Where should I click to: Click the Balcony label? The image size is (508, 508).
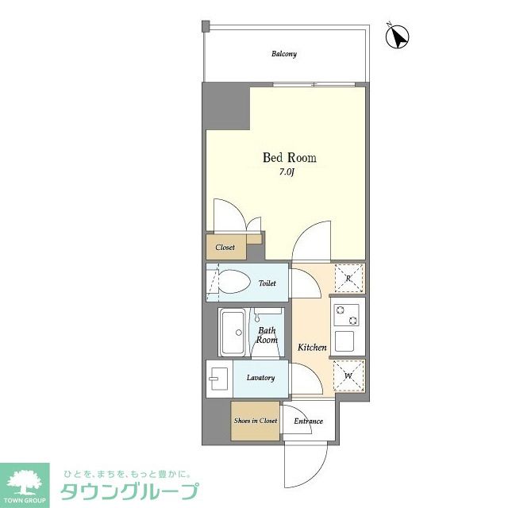284,54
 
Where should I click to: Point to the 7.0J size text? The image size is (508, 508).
287,171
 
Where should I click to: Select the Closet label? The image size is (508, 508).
225,248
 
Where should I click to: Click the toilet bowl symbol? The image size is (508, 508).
233,282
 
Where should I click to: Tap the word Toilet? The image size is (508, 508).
267,282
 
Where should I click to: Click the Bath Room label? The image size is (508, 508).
267,334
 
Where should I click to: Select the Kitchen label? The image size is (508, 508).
312,348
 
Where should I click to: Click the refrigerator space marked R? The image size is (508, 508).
348,278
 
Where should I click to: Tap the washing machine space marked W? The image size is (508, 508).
348,375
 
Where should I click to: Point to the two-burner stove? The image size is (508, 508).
348,314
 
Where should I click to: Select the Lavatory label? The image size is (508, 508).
260,378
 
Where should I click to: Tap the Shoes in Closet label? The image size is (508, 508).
256,421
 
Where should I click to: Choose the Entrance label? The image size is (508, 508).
308,421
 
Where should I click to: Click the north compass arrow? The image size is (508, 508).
397,36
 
